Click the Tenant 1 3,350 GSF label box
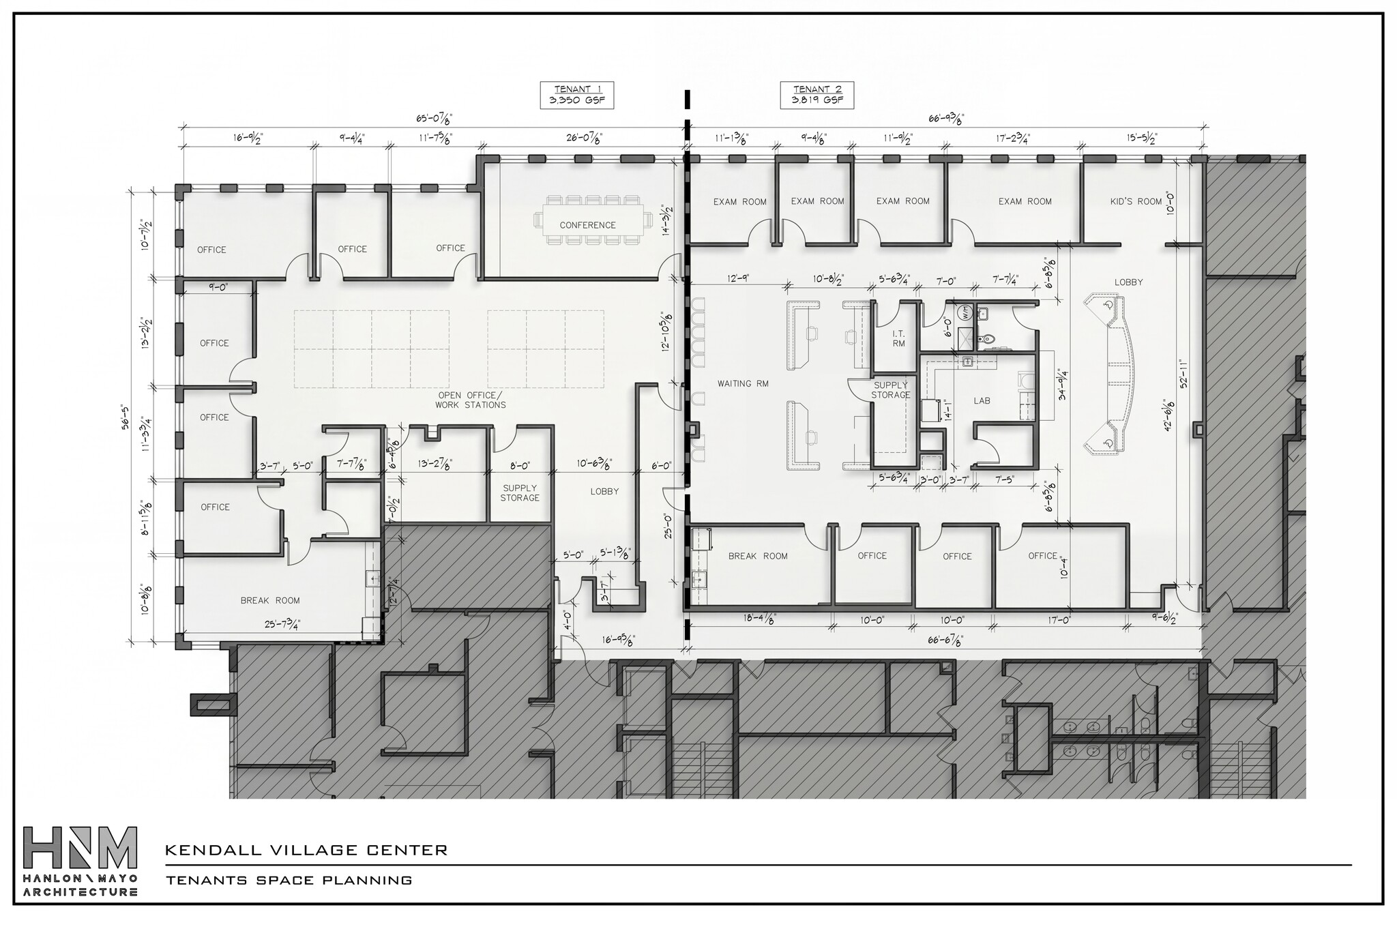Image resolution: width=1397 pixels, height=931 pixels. (576, 95)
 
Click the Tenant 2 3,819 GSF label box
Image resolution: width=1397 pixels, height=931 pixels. (817, 95)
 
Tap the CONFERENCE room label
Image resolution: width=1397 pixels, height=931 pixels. (587, 225)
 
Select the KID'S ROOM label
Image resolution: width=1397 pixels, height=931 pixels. (1136, 201)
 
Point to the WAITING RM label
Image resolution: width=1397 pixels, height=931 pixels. (743, 384)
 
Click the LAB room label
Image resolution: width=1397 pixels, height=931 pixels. (981, 401)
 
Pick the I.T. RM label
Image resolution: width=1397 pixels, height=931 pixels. (898, 339)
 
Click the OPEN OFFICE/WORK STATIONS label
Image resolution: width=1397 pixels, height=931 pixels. (471, 400)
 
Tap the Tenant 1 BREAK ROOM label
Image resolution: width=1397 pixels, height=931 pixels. (270, 601)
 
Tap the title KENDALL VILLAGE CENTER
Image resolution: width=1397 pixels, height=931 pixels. (306, 851)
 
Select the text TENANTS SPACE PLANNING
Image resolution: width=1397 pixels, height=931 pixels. (289, 881)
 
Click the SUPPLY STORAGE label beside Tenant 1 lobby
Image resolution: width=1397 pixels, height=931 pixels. (520, 493)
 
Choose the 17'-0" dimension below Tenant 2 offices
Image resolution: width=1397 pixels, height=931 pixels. (1051, 621)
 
